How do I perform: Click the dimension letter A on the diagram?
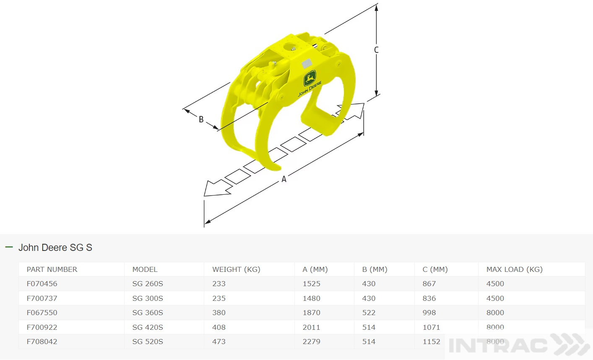click(x=284, y=179)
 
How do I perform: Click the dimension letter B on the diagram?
click(x=201, y=120)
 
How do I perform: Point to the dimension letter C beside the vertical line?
click(x=376, y=50)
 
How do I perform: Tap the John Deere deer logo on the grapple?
click(x=310, y=78)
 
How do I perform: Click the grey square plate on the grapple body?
click(x=307, y=64)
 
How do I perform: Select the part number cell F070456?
click(x=42, y=284)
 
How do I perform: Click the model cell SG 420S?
click(x=148, y=327)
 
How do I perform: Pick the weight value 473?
click(x=219, y=342)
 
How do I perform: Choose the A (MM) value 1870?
click(x=311, y=313)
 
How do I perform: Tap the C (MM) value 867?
click(x=429, y=284)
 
